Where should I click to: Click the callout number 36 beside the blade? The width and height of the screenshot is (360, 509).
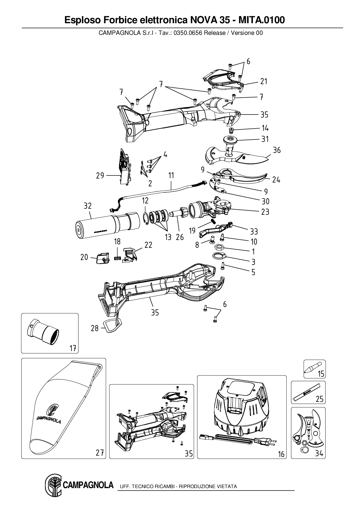pos(277,150)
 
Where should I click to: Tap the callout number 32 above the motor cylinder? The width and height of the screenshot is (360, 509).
pos(88,206)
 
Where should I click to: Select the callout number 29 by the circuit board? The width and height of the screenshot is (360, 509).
pos(100,176)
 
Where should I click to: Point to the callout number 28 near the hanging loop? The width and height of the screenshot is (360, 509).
pos(95,328)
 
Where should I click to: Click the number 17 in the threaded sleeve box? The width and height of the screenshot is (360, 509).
pos(73,348)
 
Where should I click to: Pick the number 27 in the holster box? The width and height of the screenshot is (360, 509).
pos(100,453)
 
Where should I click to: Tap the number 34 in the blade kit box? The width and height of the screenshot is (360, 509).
pos(319,453)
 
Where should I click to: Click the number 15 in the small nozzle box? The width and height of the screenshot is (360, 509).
pos(321,374)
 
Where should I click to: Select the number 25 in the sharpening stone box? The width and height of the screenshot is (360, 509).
pos(319,399)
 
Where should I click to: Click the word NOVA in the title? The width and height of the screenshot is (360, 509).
pos(203,20)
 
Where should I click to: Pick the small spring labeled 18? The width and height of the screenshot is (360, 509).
pos(117,257)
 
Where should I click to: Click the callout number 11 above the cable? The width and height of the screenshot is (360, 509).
pos(171,176)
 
